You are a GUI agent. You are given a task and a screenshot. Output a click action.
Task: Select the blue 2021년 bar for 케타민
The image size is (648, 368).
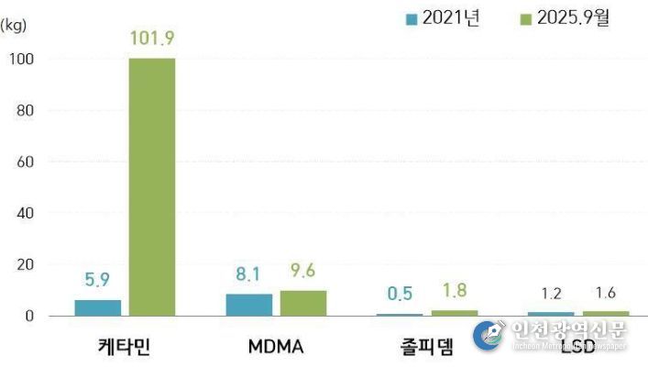[x=97, y=307]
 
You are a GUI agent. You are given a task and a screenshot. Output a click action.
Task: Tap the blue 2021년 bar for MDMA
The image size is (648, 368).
[x=249, y=305]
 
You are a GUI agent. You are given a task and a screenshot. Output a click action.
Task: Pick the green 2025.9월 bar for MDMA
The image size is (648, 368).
[x=302, y=303]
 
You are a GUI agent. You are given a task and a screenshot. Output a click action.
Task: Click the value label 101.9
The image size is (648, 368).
[x=152, y=39]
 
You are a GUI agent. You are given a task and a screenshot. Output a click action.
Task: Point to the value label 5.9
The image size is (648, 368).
[x=97, y=280]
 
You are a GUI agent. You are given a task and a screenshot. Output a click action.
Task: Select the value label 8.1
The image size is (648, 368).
[x=249, y=273]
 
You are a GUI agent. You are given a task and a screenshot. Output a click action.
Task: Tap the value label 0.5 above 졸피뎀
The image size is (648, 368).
[x=399, y=294]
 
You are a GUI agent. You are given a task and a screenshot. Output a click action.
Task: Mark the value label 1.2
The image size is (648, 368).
[x=551, y=294]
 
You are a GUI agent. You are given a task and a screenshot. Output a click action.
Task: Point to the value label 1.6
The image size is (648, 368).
[x=605, y=293]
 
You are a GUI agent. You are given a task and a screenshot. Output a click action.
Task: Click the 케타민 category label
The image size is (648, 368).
[x=125, y=347]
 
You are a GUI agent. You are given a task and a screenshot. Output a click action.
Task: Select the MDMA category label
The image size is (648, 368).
[x=277, y=347]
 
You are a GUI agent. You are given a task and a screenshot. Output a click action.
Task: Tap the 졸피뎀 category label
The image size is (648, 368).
[x=426, y=347]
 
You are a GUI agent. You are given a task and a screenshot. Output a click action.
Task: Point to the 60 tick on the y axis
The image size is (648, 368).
[x=24, y=162]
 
